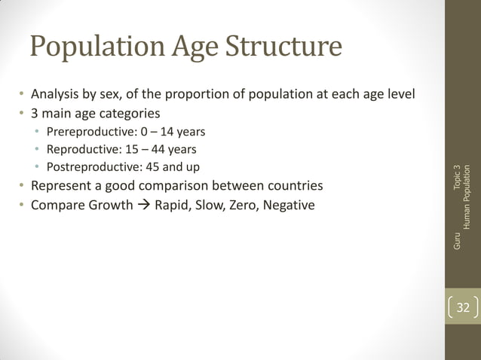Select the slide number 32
point(462,307)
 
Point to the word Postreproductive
point(91,166)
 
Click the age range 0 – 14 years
point(173,132)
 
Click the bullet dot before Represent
point(22,185)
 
